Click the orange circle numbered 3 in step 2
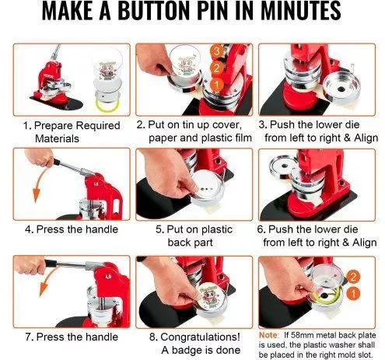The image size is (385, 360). [x=217, y=52]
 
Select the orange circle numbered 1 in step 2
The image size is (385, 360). [x=217, y=85]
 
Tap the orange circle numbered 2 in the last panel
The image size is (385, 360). [x=353, y=278]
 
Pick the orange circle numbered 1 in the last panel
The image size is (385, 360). [x=353, y=293]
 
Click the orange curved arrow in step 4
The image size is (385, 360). [x=39, y=181]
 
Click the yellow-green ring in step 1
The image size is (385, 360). [x=107, y=105]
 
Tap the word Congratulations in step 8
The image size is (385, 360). [x=198, y=337]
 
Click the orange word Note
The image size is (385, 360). [x=268, y=335]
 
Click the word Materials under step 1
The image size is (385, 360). [x=57, y=138]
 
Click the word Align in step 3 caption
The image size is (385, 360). [x=366, y=138]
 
